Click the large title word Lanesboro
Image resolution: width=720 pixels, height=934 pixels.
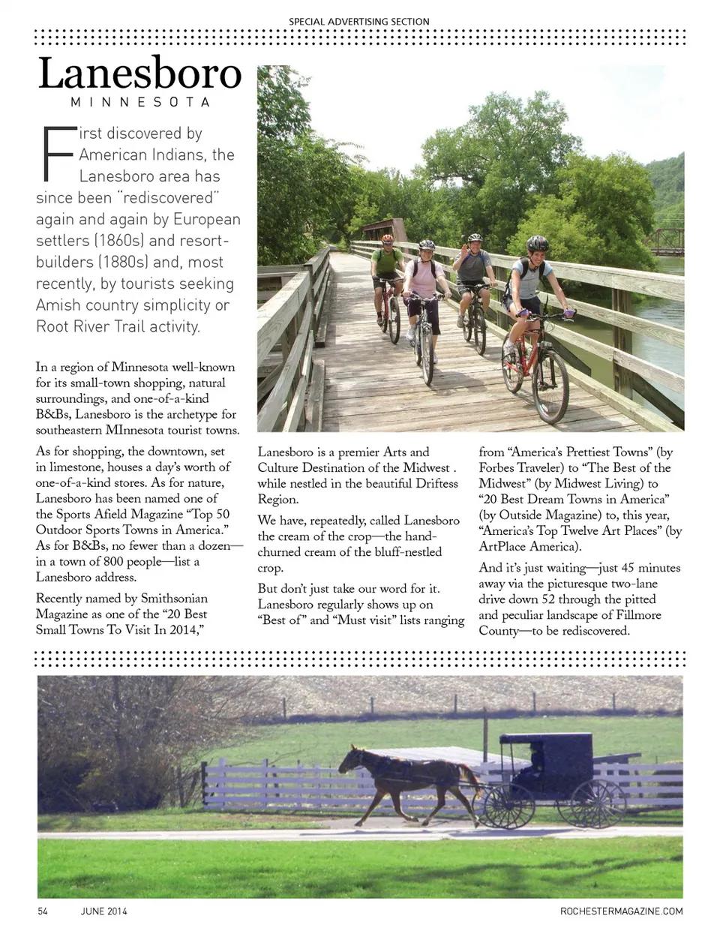click(140, 74)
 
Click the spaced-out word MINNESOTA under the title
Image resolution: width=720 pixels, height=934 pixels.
click(140, 102)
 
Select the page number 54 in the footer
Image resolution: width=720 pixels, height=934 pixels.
click(43, 911)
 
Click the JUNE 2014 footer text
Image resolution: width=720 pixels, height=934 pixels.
click(104, 911)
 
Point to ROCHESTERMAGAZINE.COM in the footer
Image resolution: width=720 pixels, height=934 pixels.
click(621, 911)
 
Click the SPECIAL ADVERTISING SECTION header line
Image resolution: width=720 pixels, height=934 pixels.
click(359, 21)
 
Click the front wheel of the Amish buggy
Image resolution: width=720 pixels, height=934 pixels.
click(509, 806)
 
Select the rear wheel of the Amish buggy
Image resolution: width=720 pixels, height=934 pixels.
click(597, 803)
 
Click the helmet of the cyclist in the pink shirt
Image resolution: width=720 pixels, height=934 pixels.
click(427, 245)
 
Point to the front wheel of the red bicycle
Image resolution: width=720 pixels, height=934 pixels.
click(550, 386)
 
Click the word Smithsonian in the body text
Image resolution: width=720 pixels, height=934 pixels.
click(174, 599)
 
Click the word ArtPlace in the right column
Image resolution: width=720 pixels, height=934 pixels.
click(505, 546)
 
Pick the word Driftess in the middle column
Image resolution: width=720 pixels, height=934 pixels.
click(436, 483)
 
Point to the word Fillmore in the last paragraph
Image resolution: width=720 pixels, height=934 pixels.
click(634, 614)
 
